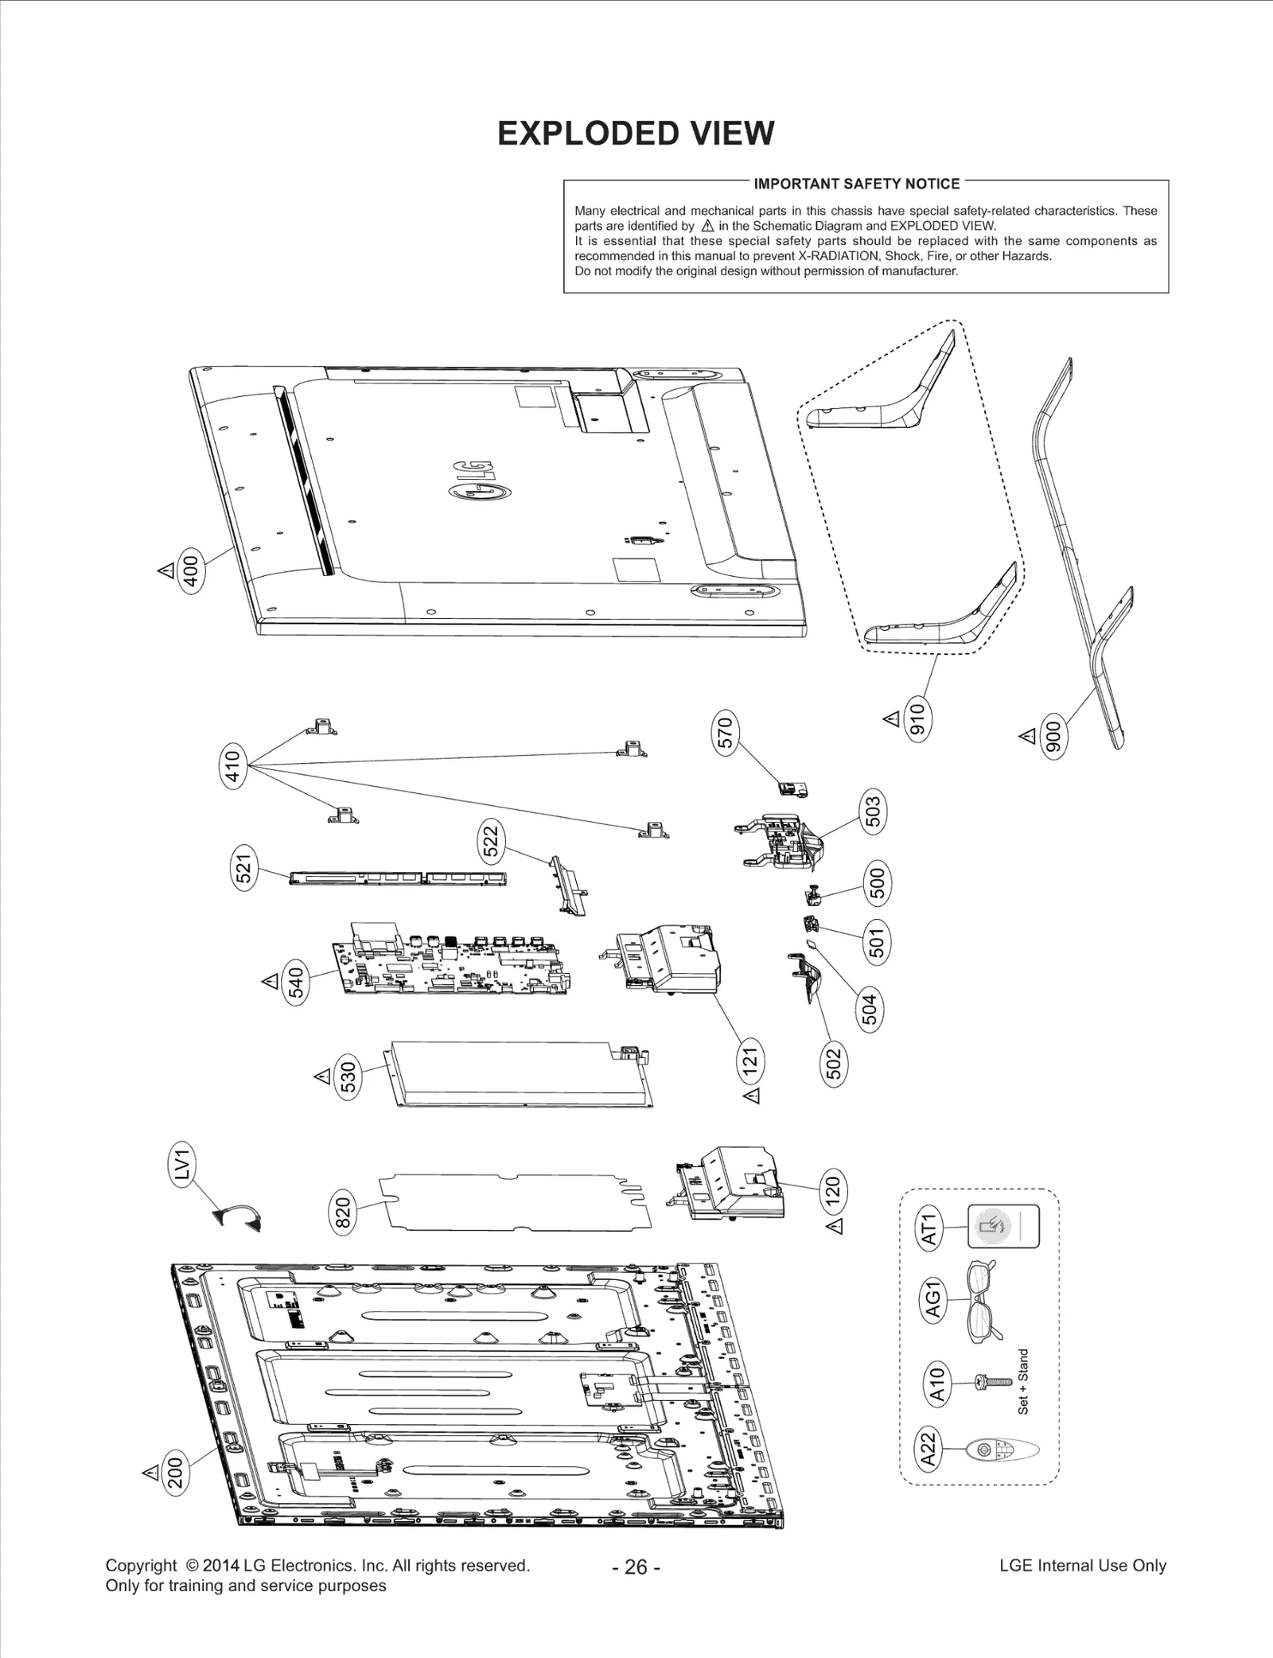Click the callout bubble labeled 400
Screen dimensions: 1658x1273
(190, 568)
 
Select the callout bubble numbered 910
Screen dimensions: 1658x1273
(917, 720)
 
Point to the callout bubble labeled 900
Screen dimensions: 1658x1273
(1053, 738)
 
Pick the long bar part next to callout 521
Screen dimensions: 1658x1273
(398, 878)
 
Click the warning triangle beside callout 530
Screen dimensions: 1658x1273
(322, 1076)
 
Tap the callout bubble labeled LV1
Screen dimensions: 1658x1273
(183, 1166)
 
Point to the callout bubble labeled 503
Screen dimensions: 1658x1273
(873, 811)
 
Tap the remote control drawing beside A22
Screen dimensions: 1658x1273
(1001, 1450)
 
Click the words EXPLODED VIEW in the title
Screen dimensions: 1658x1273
(636, 134)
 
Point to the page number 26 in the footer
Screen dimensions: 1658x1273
(636, 1567)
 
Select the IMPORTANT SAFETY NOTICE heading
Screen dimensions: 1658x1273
(856, 184)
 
